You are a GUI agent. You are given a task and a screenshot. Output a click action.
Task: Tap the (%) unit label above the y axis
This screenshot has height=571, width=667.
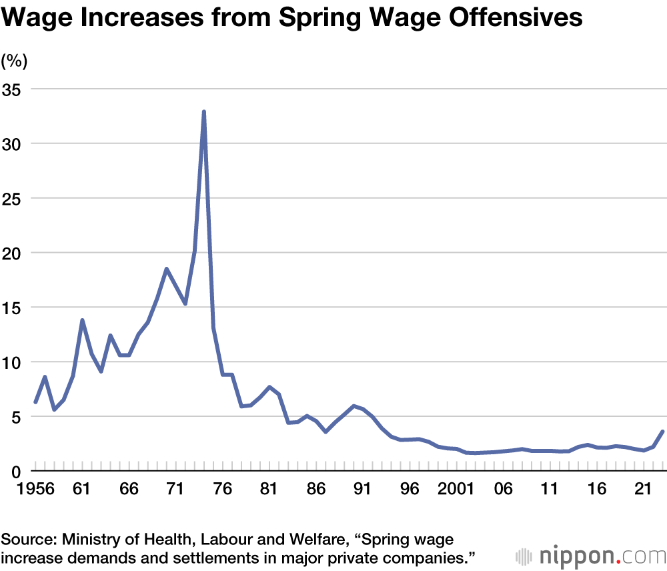coord(14,61)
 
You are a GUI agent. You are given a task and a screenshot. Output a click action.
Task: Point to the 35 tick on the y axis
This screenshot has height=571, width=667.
coord(13,89)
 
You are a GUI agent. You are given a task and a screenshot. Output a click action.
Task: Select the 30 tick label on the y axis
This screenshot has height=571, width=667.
coord(13,144)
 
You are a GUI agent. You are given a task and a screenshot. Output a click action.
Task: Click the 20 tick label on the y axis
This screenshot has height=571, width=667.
coord(13,253)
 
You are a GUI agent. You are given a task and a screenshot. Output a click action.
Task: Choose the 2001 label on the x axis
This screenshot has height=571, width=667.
coord(457,489)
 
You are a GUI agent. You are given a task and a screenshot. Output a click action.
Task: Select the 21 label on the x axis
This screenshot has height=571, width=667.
coord(644,489)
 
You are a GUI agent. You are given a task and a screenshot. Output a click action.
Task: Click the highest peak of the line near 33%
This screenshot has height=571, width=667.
coord(203,111)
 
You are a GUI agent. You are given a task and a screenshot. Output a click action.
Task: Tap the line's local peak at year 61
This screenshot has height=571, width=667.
coord(82,320)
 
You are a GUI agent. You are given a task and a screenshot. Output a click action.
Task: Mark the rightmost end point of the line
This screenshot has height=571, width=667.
coord(662,432)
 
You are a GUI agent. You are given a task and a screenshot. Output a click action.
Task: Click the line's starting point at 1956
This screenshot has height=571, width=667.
coord(35,402)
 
